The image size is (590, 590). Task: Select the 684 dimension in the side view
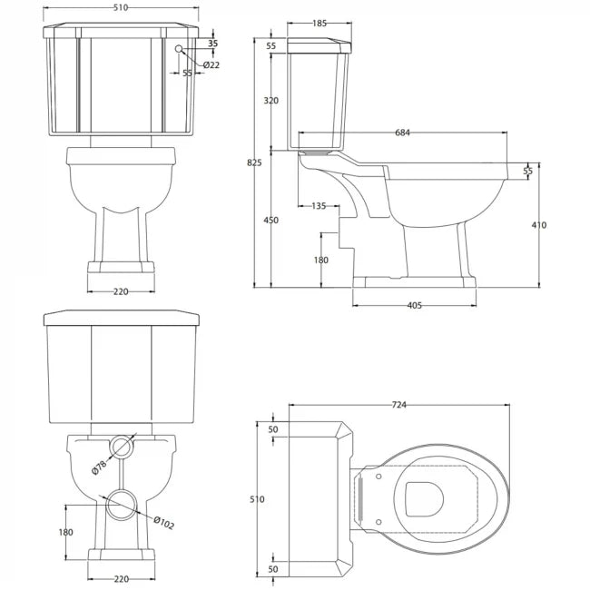403,133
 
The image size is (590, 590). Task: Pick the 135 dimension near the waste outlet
318,206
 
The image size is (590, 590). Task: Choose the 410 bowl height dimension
539,225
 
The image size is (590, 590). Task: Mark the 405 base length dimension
413,306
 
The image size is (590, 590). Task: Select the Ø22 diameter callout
210,65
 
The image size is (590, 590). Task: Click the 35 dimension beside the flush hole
212,43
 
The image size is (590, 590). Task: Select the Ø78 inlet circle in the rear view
122,445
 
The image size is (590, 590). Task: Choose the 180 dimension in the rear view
64,533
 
